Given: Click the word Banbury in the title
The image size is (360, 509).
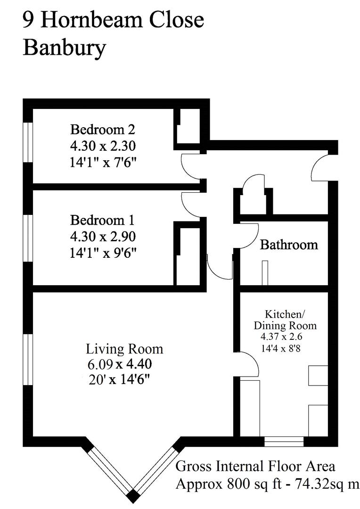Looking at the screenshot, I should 64,48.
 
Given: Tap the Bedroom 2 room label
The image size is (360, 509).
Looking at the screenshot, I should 103,129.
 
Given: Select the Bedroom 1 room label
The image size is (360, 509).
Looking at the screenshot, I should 103,220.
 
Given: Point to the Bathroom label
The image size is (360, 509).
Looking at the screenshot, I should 289,245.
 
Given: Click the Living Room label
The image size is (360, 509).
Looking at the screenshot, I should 124,349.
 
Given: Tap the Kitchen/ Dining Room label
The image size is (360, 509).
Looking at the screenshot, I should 285,320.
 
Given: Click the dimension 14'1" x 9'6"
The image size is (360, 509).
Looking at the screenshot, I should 103,253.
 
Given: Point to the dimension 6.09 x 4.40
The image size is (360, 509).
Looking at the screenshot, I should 119,364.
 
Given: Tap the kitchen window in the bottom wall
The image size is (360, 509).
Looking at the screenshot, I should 284,442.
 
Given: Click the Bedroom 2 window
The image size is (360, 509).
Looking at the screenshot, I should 28,142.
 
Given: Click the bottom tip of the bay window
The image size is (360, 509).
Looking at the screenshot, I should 134,496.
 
